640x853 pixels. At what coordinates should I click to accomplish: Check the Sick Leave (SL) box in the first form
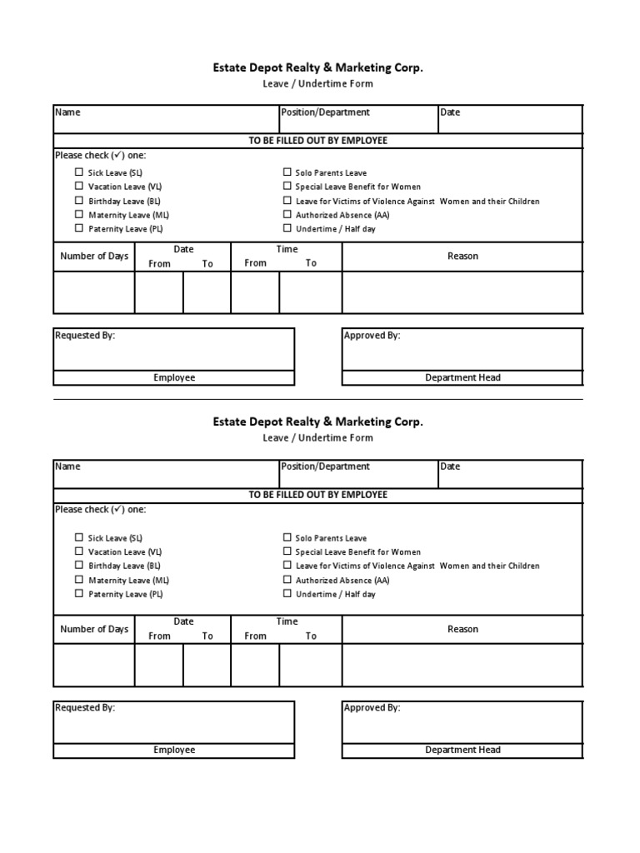pyautogui.click(x=79, y=172)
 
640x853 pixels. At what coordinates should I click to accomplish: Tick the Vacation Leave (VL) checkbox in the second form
pyautogui.click(x=79, y=551)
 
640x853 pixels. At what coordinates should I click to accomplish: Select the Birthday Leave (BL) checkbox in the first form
pyautogui.click(x=79, y=201)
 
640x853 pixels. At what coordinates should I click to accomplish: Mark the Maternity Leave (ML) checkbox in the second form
pyautogui.click(x=79, y=580)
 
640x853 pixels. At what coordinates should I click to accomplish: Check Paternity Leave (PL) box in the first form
pyautogui.click(x=79, y=228)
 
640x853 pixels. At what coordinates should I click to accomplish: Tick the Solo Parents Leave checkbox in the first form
pyautogui.click(x=287, y=172)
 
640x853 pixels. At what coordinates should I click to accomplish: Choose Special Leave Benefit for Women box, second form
pyautogui.click(x=287, y=551)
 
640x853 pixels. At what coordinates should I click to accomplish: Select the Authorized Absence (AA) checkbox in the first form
pyautogui.click(x=287, y=215)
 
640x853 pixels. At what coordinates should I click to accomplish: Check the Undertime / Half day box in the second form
pyautogui.click(x=287, y=594)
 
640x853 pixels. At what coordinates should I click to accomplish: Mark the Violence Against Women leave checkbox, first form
pyautogui.click(x=287, y=201)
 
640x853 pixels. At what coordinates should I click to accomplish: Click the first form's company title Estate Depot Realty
pyautogui.click(x=317, y=68)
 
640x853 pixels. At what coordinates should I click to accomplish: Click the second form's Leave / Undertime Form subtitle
pyautogui.click(x=317, y=437)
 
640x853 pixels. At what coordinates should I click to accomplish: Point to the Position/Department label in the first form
pyautogui.click(x=326, y=112)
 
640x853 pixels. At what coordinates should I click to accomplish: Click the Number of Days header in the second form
pyautogui.click(x=94, y=629)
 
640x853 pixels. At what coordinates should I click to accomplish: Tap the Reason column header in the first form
pyautogui.click(x=462, y=256)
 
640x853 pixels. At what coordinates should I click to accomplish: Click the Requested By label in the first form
pyautogui.click(x=85, y=335)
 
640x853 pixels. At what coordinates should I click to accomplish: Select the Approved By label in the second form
pyautogui.click(x=372, y=707)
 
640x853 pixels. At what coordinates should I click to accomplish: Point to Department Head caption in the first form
pyautogui.click(x=462, y=377)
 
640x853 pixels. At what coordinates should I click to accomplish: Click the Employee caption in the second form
pyautogui.click(x=174, y=750)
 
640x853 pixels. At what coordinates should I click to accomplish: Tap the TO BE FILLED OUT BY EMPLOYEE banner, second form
pyautogui.click(x=317, y=495)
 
